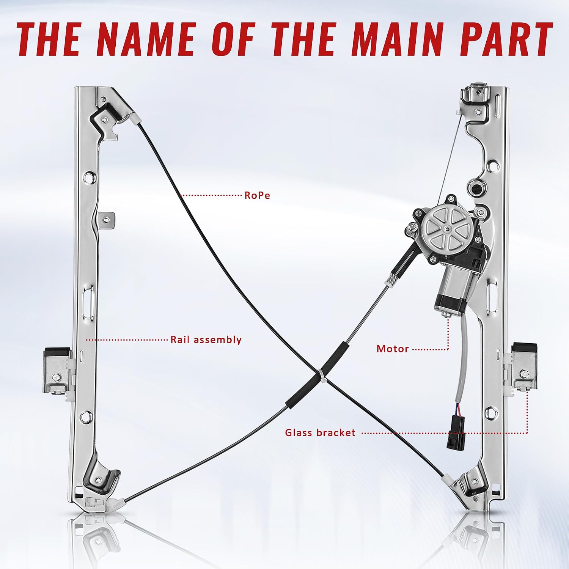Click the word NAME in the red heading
click(x=148, y=39)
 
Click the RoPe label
click(x=257, y=195)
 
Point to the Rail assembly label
click(x=206, y=340)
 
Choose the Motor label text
click(x=393, y=349)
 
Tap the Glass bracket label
click(x=320, y=433)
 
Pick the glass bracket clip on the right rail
click(x=523, y=366)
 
